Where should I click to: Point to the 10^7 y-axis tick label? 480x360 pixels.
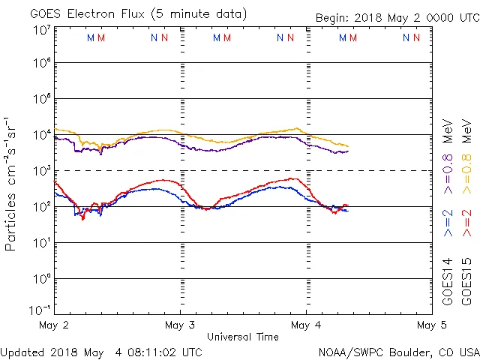coord(41,31)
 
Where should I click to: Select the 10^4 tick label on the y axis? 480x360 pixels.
coord(41,135)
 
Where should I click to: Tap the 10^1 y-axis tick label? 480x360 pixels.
coord(41,243)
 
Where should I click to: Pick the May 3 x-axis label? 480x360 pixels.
coord(180,325)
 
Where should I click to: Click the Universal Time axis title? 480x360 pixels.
coord(243,337)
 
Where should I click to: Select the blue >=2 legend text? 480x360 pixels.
coord(448,222)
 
